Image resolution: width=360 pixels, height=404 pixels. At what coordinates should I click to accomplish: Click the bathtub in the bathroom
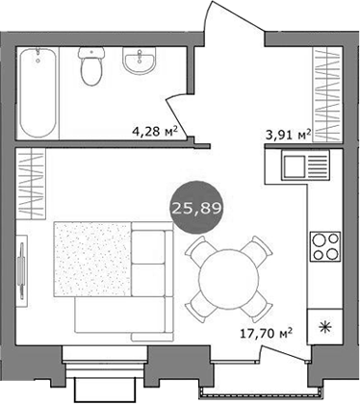point(40,93)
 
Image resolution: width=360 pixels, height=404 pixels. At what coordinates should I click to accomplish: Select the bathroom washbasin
point(141,64)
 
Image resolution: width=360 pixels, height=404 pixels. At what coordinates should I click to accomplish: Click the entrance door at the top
point(228,29)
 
